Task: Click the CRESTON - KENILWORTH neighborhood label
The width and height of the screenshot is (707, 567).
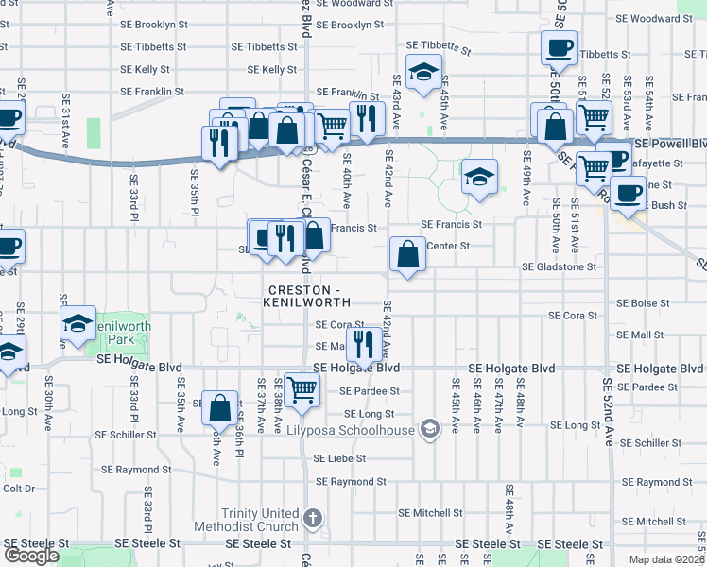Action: [x=308, y=295]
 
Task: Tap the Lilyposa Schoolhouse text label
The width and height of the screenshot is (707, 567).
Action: [x=352, y=430]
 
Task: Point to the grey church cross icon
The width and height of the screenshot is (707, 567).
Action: [x=313, y=520]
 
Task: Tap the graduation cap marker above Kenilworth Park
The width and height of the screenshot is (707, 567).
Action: [x=77, y=324]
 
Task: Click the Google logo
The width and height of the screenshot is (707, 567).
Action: [x=31, y=556]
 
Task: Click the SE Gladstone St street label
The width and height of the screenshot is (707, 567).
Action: [x=560, y=267]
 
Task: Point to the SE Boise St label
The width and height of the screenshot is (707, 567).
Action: [x=643, y=303]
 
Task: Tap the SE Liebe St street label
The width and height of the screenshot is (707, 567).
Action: [x=338, y=458]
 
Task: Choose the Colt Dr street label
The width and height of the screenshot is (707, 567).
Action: [x=19, y=489]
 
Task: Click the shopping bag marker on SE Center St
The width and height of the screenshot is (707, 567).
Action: [x=406, y=254]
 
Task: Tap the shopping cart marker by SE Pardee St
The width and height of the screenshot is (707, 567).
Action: [x=302, y=387]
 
